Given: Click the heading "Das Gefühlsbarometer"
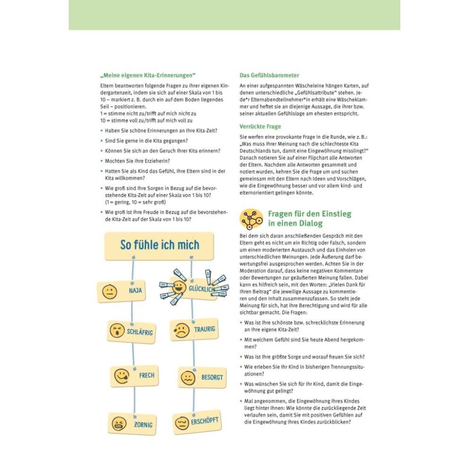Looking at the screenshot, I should pyautogui.click(x=269, y=75).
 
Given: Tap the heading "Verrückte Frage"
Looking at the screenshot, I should pyautogui.click(x=260, y=126).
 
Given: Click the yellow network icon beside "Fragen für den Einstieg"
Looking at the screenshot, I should pyautogui.click(x=251, y=219).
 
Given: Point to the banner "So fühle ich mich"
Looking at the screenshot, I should pyautogui.click(x=159, y=245).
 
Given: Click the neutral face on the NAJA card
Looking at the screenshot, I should pyautogui.click(x=109, y=291).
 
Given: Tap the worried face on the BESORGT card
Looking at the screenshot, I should pyautogui.click(x=188, y=377).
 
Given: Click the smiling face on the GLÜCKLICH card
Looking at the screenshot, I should pyautogui.click(x=179, y=287).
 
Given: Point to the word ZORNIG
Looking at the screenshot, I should pyautogui.click(x=143, y=425).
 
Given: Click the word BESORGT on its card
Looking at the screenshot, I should pyautogui.click(x=212, y=377).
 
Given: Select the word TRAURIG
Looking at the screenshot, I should pyautogui.click(x=204, y=329).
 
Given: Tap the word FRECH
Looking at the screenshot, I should pyautogui.click(x=147, y=376).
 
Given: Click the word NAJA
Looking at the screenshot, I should pyautogui.click(x=135, y=290).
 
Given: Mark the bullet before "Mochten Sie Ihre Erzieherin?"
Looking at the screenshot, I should pyautogui.click(x=101, y=161).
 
